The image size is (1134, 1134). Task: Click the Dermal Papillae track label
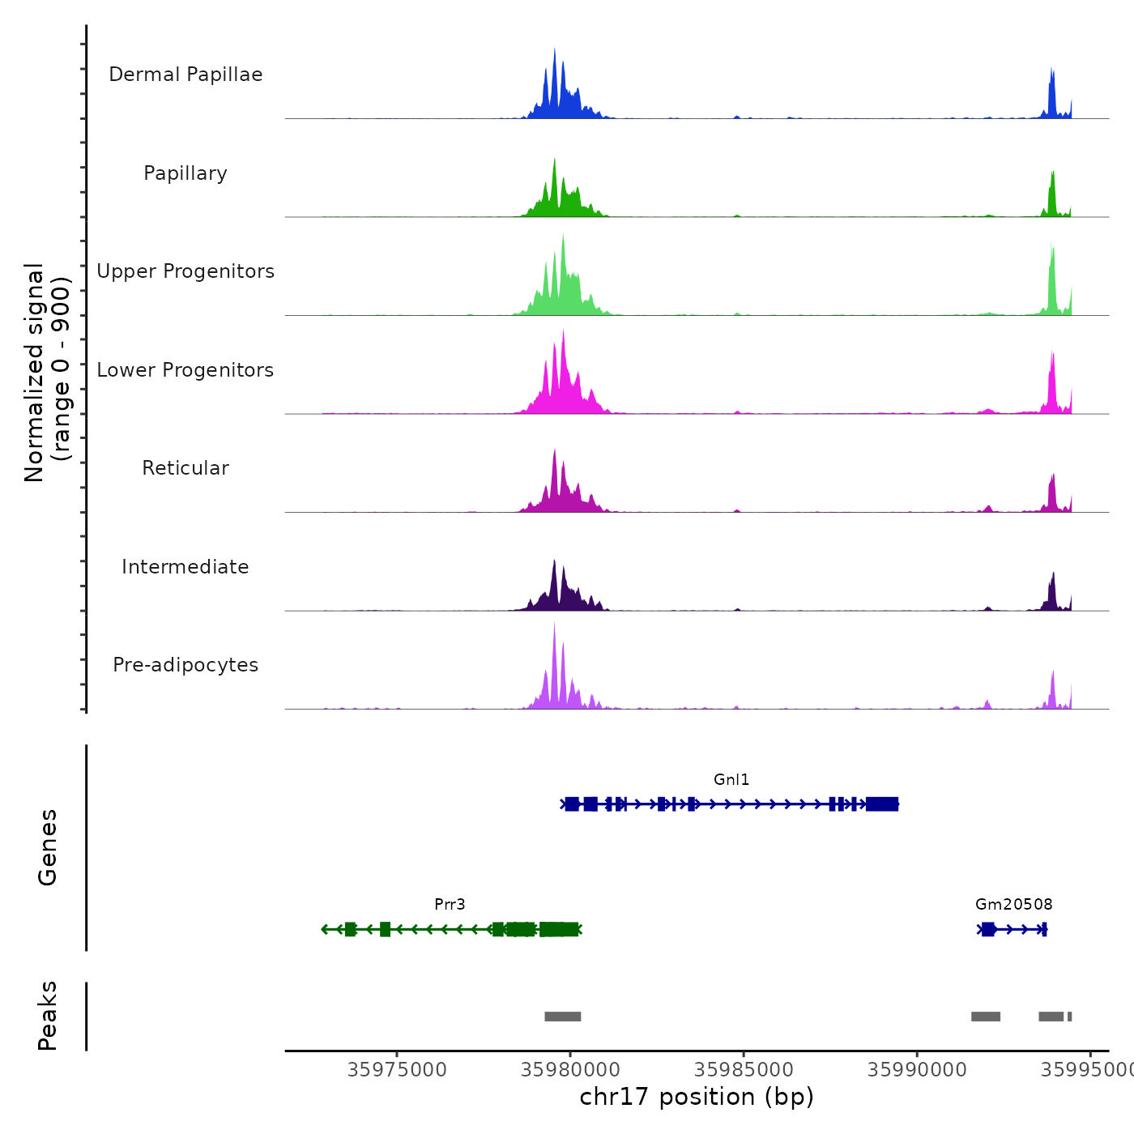[x=185, y=75]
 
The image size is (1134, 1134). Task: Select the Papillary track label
[x=185, y=173]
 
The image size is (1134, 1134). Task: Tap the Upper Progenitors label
[x=185, y=271]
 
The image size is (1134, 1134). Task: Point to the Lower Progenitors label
[x=185, y=370]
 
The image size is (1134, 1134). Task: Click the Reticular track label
[x=185, y=468]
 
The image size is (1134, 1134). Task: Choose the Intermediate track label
[x=185, y=567]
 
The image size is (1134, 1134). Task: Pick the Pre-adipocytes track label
[x=185, y=665]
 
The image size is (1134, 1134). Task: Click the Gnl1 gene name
[x=731, y=779]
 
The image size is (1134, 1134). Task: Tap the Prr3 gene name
[x=450, y=904]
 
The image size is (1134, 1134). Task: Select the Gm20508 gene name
[x=1013, y=904]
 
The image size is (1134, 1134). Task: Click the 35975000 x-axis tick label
[x=397, y=1070]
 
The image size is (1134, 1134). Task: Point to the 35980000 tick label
[x=570, y=1070]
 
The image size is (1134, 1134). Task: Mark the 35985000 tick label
[x=744, y=1070]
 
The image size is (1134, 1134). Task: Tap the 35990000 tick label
[x=917, y=1070]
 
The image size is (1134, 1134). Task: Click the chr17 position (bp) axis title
[x=697, y=1097]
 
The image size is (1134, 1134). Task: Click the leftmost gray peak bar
[x=562, y=1017]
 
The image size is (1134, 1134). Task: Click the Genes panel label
[x=48, y=847]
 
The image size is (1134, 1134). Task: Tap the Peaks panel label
[x=48, y=1016]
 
